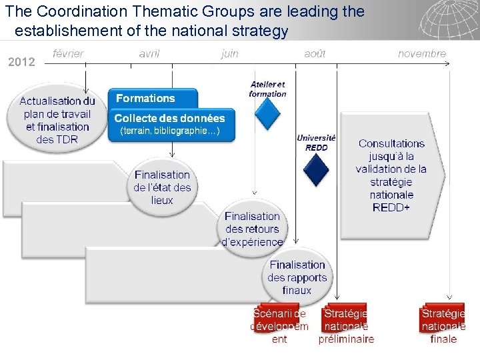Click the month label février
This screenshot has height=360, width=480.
[x=68, y=54]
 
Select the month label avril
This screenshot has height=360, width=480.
[x=149, y=54]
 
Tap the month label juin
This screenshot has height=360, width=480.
[x=230, y=54]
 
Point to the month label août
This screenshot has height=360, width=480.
[x=315, y=54]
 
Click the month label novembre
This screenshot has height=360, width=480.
[x=422, y=54]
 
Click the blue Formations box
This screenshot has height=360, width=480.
[x=153, y=99]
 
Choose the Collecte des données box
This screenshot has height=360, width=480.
[x=171, y=125]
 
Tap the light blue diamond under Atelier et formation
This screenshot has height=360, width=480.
[x=268, y=114]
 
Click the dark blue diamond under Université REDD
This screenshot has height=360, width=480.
[x=316, y=169]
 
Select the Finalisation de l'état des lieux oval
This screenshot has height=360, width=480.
[x=162, y=187]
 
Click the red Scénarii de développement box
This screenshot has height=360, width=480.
[x=279, y=325]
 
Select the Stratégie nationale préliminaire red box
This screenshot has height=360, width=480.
[x=346, y=325]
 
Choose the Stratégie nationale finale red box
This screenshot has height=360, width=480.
[x=443, y=325]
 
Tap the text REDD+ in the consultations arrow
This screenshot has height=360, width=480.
[x=391, y=208]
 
